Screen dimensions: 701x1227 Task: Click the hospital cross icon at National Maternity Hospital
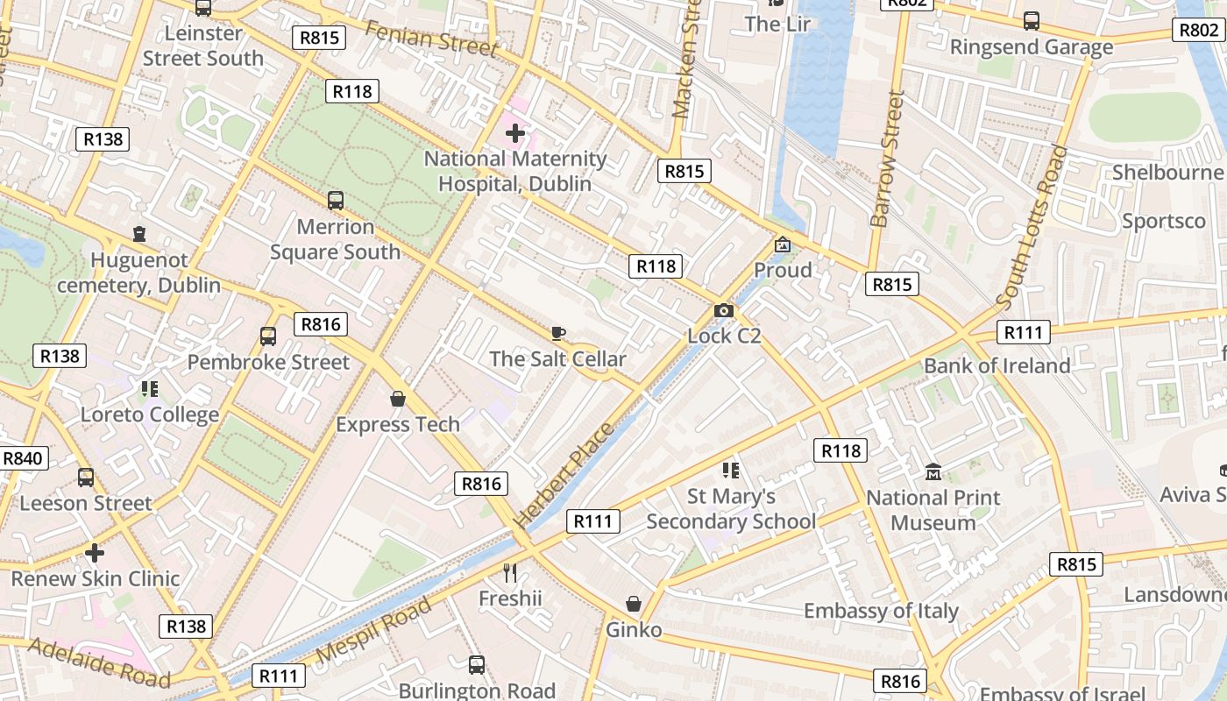click(515, 134)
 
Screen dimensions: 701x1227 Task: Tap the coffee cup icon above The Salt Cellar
click(558, 333)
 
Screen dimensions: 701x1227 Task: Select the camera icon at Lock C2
click(724, 310)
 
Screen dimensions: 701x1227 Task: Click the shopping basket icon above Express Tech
click(398, 399)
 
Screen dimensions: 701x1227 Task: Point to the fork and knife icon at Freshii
click(511, 573)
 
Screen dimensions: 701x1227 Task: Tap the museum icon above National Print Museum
click(933, 472)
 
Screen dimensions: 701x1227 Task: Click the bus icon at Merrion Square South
click(335, 201)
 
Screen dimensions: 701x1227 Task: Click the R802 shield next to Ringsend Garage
click(1198, 30)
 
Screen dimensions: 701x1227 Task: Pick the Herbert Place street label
click(564, 474)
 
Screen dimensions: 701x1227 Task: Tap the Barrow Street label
click(885, 158)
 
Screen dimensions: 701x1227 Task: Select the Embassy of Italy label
click(881, 611)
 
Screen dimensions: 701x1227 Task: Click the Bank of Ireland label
click(996, 365)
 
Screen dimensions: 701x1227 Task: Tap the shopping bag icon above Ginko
click(634, 605)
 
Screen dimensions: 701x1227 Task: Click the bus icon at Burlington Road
click(476, 665)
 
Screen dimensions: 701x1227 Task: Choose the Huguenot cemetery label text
click(139, 273)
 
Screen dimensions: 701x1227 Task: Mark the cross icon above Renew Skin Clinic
click(95, 553)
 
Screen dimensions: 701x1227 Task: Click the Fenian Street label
click(430, 38)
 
